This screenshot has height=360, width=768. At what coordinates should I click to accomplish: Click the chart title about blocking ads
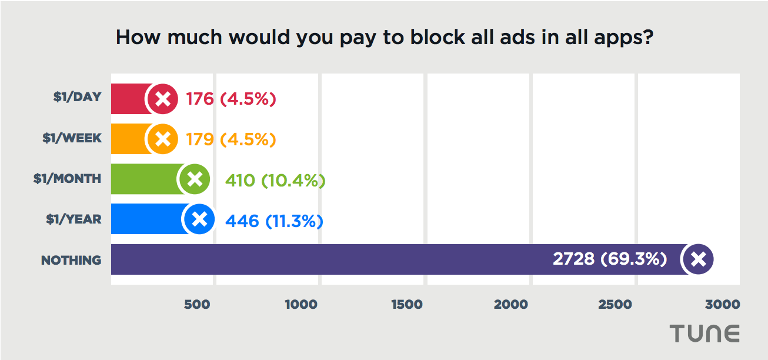pos(385,38)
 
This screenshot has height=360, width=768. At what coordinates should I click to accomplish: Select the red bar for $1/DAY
pos(129,99)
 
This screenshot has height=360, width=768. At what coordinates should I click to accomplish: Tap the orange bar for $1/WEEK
pos(129,139)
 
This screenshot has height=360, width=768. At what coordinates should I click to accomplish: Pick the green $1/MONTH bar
pos(145,179)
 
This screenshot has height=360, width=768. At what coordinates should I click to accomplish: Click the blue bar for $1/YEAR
pos(147,219)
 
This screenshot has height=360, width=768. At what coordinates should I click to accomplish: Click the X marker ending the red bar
pos(163,99)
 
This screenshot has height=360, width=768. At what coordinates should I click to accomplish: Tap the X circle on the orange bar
pos(163,139)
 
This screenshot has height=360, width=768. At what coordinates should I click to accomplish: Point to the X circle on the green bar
pos(195,179)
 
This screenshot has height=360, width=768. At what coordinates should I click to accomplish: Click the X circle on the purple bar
pos(698,259)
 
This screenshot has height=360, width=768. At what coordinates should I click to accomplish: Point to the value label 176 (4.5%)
pos(231,99)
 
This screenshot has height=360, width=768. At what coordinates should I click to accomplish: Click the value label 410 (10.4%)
pos(275,180)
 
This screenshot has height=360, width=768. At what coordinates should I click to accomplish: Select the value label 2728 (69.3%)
pos(610,259)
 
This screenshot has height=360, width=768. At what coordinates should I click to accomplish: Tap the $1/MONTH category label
pos(67,179)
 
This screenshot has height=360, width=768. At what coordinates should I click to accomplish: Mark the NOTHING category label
pos(71,260)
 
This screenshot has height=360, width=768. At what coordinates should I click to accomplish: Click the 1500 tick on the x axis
pos(406,305)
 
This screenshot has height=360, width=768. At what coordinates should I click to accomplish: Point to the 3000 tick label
pos(723,305)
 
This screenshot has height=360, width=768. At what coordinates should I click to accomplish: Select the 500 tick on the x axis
pos(197,305)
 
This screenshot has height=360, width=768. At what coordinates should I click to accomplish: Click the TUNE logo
pos(704,334)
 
